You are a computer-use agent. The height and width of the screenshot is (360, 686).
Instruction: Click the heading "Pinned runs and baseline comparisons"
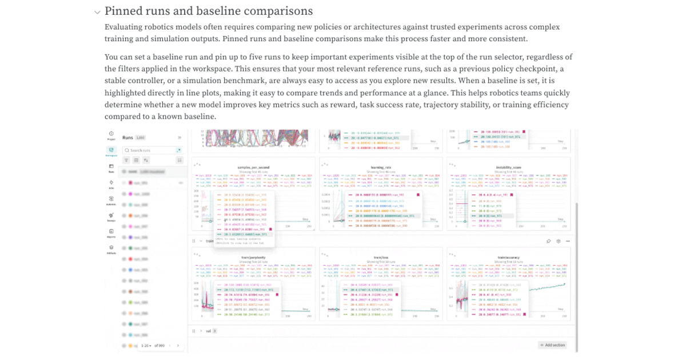209,11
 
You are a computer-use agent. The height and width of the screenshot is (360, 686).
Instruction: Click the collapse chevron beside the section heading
97,12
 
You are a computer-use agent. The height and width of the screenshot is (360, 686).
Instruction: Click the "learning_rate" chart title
380,167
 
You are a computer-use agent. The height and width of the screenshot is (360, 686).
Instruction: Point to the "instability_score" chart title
508,167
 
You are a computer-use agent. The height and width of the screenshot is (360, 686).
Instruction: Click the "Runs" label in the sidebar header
127,138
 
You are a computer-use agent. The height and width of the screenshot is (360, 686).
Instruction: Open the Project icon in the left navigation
111,134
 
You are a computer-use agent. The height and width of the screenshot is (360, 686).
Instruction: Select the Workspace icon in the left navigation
111,151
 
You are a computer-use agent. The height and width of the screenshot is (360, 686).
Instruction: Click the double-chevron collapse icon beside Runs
179,138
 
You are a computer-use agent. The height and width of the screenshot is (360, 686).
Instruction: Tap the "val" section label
208,331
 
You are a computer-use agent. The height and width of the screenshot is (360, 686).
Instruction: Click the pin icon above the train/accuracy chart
548,241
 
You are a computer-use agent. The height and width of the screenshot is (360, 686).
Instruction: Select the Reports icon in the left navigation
111,232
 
